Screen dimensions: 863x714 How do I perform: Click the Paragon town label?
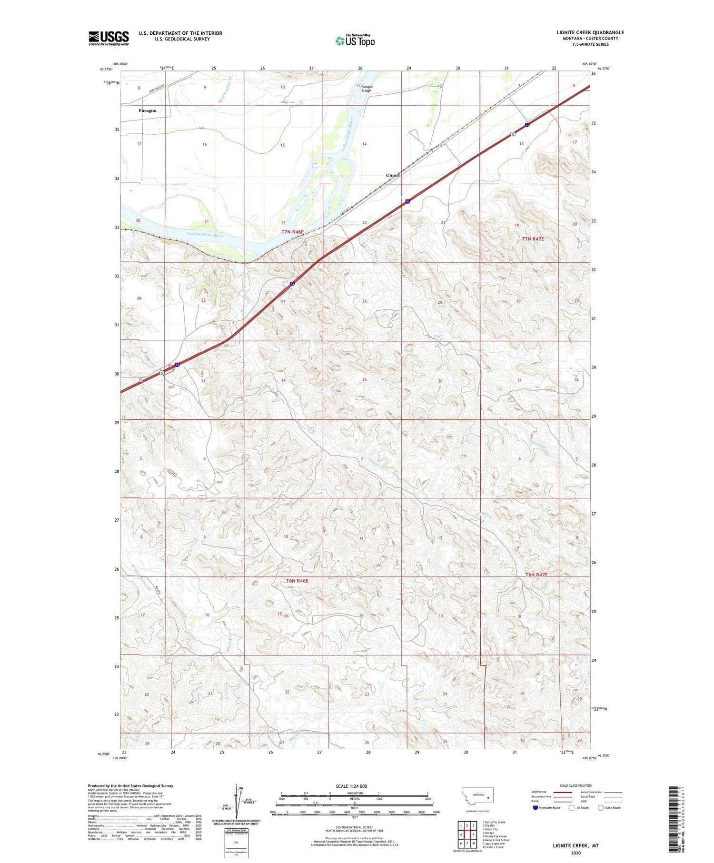coord(148,110)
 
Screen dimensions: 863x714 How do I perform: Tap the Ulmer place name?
coord(392,175)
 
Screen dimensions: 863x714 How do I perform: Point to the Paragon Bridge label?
coord(367,89)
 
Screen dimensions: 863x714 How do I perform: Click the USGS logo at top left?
coord(109,38)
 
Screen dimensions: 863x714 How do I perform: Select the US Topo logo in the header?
coord(355,41)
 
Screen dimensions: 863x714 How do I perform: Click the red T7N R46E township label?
coord(292,232)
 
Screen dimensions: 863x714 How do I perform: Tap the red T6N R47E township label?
coord(536,575)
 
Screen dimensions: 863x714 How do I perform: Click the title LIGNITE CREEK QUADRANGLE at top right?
coord(590,32)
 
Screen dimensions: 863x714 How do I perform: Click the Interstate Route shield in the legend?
coord(535,808)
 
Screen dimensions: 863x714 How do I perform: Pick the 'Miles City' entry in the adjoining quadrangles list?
coord(490,830)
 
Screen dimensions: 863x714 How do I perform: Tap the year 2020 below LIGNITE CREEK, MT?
coord(575,853)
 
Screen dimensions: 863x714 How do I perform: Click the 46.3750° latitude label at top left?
coord(107,69)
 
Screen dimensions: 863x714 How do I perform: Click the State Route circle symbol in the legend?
coord(601,808)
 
